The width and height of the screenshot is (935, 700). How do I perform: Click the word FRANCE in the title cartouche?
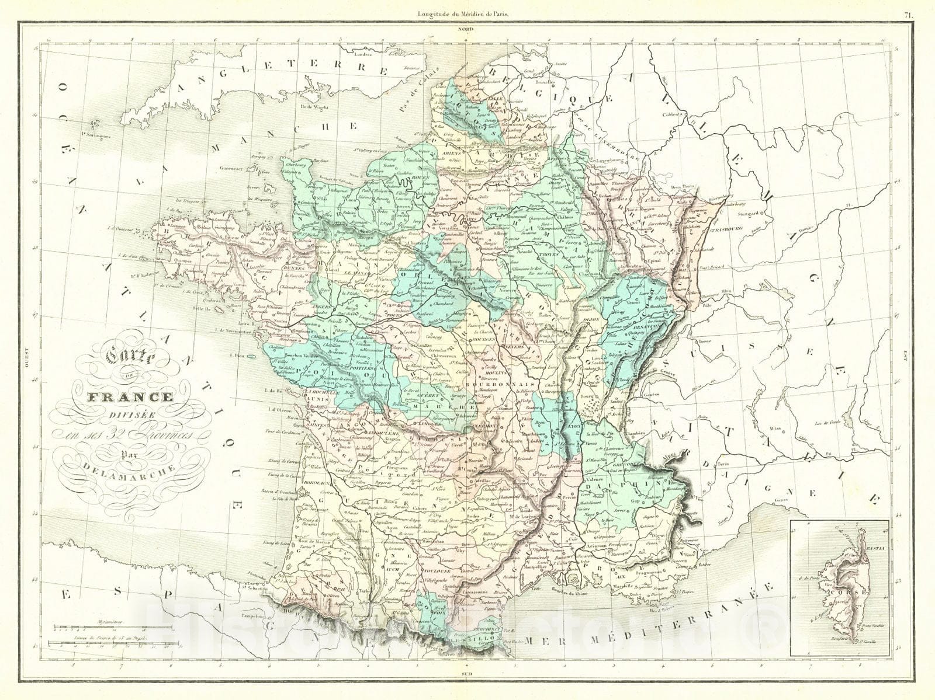[x=130, y=398]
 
